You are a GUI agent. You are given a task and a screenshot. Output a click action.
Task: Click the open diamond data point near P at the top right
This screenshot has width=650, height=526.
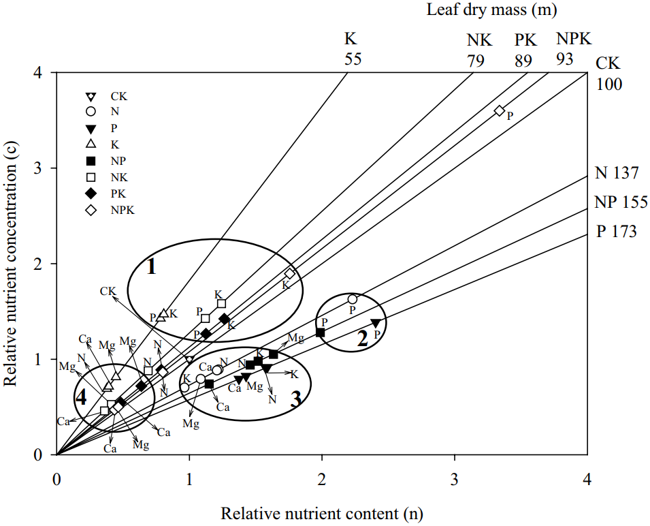[499, 110]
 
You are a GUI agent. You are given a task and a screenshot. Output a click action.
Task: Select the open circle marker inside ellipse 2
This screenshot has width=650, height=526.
[352, 299]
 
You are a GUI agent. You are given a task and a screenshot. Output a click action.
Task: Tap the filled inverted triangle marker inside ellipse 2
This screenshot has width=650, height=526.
[375, 323]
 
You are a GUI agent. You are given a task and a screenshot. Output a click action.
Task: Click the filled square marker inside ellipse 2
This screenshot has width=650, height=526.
[321, 332]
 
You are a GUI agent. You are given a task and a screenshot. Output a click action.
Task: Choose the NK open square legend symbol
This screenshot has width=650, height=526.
[89, 177]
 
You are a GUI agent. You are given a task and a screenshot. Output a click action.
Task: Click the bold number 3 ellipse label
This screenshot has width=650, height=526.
[295, 399]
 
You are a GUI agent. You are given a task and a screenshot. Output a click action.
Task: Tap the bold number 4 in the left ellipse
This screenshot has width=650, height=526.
[80, 397]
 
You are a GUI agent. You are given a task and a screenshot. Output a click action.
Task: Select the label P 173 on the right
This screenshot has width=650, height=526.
[617, 232]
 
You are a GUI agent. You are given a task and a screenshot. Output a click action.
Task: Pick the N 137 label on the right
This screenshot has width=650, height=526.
[617, 173]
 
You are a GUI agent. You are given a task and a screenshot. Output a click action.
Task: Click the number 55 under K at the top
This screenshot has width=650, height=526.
[352, 59]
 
